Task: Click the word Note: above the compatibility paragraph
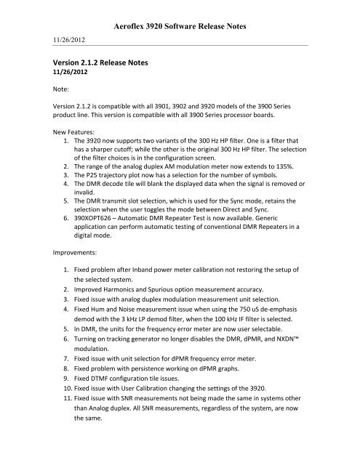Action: [x=52, y=92]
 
